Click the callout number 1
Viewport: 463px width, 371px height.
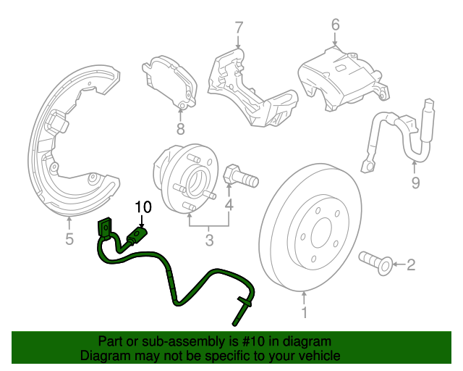(304, 313)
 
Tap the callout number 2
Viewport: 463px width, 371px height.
(411, 265)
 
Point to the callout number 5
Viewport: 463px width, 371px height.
(69, 239)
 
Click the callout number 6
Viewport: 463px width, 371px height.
(335, 25)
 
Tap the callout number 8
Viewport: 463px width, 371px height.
(180, 130)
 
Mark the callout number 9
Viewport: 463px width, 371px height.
(415, 183)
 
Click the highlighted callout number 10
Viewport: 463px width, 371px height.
(143, 207)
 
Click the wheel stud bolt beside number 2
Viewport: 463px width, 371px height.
(376, 262)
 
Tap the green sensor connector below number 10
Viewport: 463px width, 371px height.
(137, 235)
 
